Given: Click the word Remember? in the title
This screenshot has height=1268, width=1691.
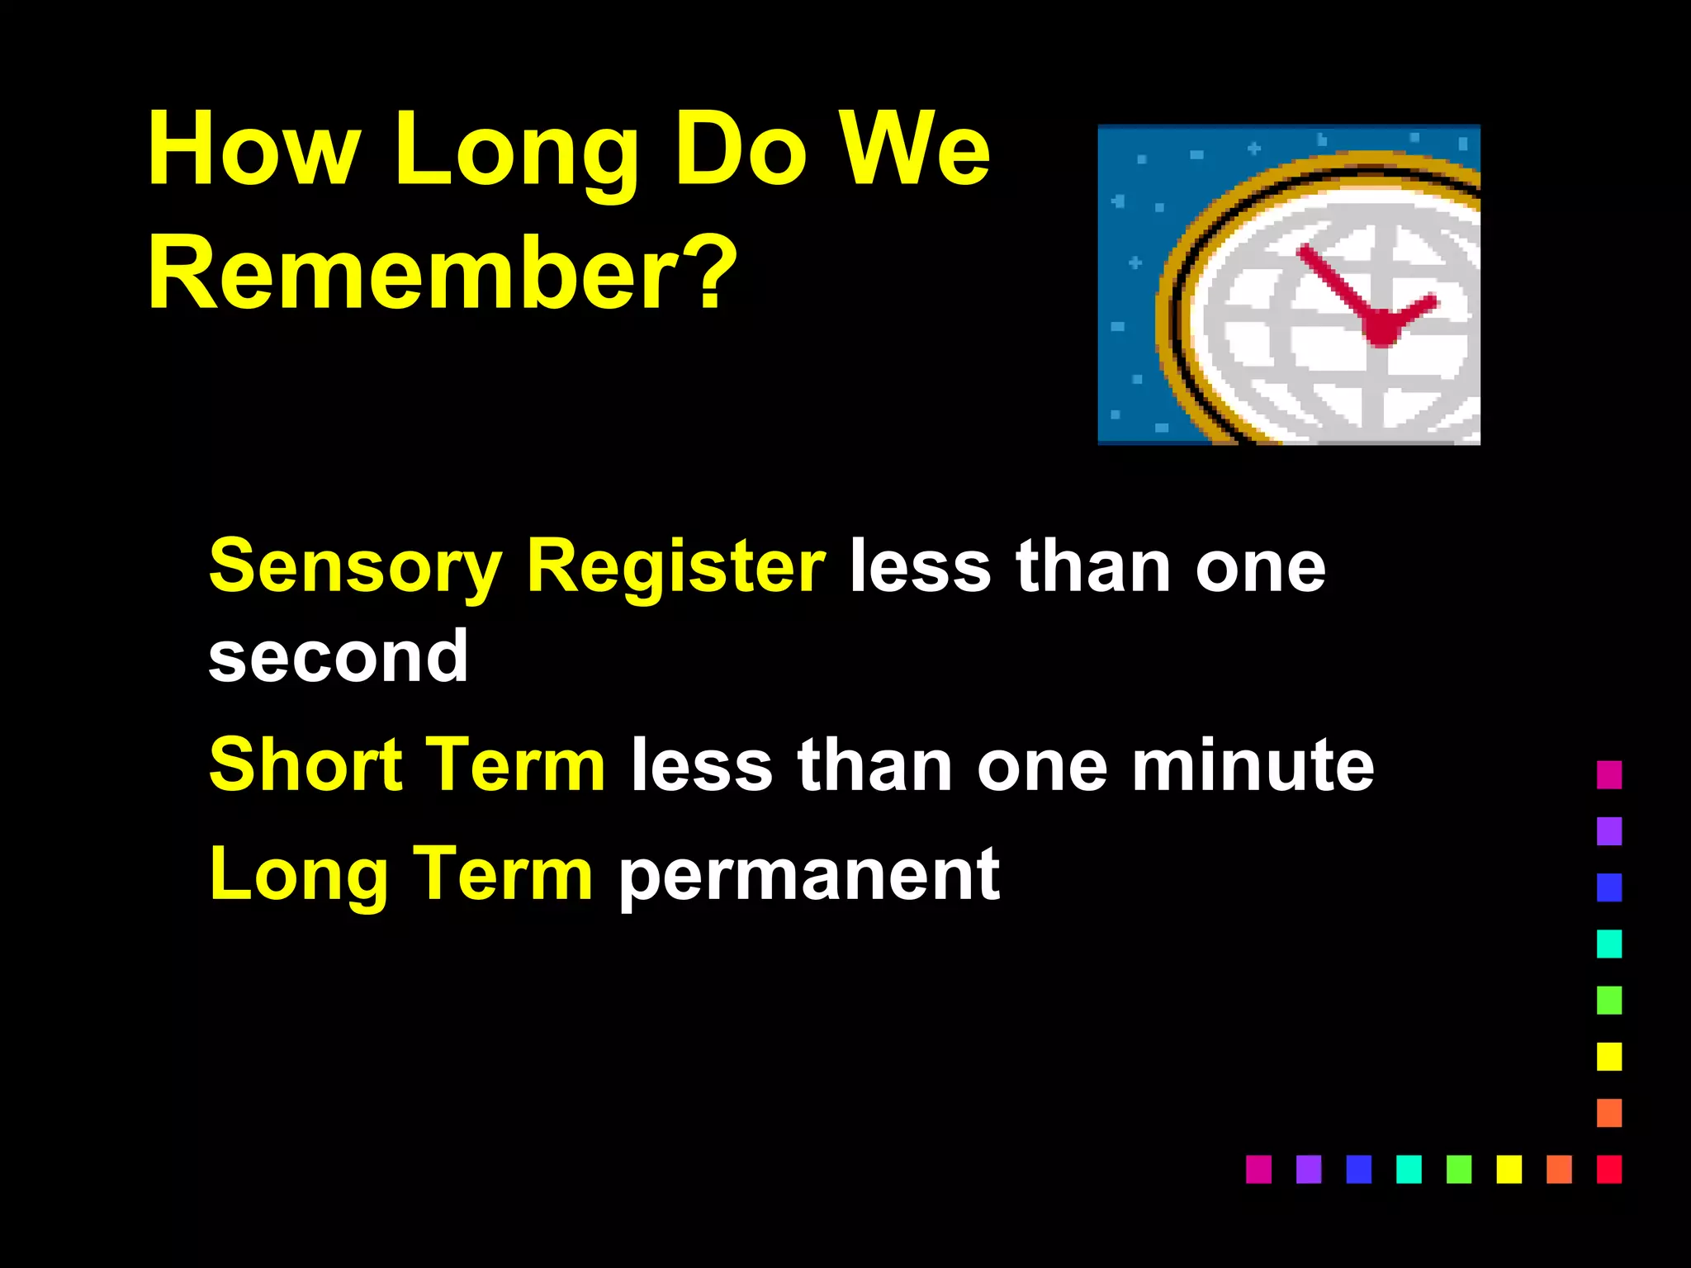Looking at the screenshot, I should click(442, 272).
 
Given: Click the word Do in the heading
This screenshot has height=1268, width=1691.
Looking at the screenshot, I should click(740, 150).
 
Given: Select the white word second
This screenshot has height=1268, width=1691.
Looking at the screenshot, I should click(339, 657).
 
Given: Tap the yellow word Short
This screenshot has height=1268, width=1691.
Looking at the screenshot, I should click(306, 765).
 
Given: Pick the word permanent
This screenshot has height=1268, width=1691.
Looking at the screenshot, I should click(809, 875).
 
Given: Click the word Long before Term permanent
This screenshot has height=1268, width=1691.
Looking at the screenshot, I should click(299, 875).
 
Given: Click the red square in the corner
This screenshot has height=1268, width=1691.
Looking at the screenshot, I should click(1608, 1169).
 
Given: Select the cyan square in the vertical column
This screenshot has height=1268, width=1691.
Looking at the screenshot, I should click(1608, 944).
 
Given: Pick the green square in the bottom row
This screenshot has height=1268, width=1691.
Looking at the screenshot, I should click(1459, 1169).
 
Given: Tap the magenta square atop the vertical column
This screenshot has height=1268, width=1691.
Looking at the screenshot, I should click(1608, 774).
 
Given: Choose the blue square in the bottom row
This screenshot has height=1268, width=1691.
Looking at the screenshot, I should click(1358, 1169).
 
